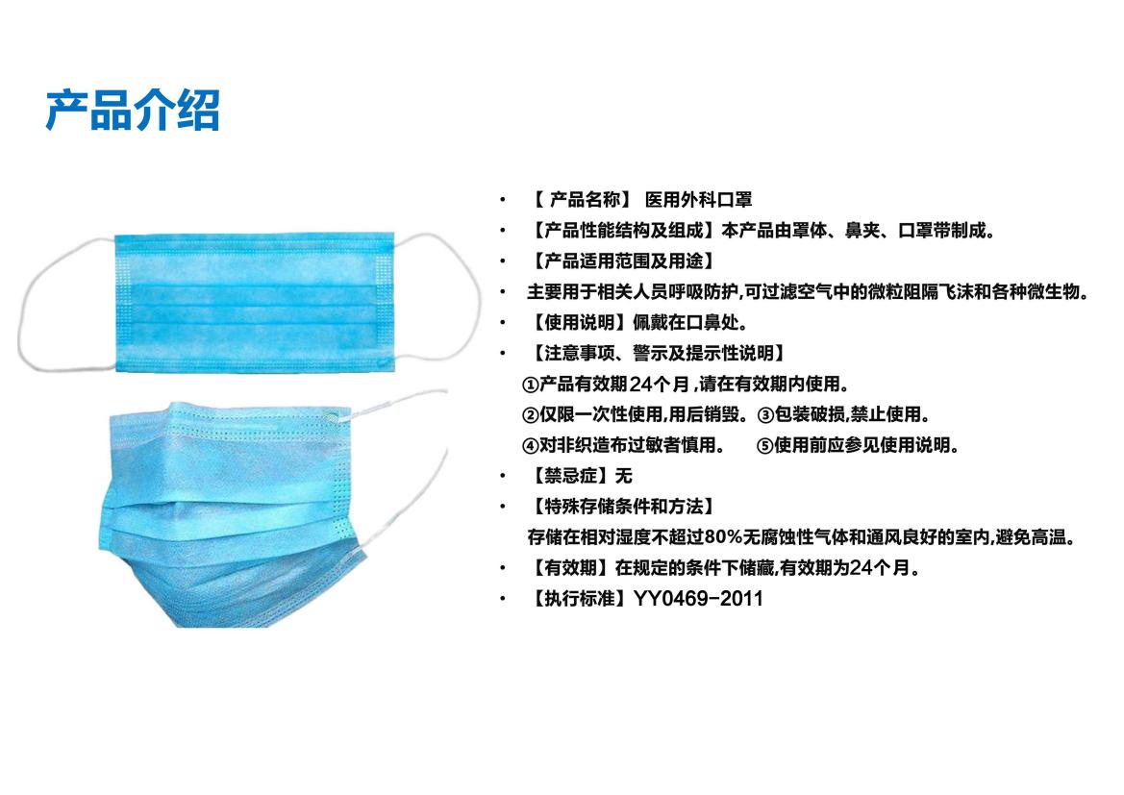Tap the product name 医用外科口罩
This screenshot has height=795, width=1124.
pos(698,200)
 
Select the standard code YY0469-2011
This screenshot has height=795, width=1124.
pos(698,599)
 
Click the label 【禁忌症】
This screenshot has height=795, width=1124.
pos(570,476)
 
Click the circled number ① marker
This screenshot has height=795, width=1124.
pos(531,385)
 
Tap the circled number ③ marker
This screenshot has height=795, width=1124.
pos(765,415)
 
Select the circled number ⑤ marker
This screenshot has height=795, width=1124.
pos(765,446)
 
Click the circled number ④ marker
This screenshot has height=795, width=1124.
pos(531,446)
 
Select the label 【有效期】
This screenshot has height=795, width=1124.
pos(570,568)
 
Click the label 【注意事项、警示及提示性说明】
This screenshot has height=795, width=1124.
pos(658,354)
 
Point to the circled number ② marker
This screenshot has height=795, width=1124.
pos(531,415)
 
